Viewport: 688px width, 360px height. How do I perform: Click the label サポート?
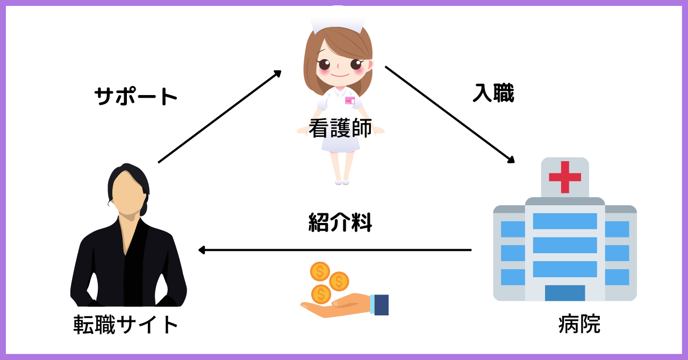[x=136, y=97]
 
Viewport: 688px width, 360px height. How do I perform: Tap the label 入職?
[x=493, y=93]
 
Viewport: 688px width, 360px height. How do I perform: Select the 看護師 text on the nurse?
[x=340, y=128]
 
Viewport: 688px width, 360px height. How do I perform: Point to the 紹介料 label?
[x=340, y=222]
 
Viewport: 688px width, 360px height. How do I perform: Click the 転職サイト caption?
[x=126, y=325]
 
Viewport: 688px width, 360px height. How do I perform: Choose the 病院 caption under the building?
[x=579, y=324]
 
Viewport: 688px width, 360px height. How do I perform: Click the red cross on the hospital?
[x=565, y=177]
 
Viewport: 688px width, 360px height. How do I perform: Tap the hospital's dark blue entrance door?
[x=565, y=293]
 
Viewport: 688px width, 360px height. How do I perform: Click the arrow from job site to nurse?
[x=220, y=117]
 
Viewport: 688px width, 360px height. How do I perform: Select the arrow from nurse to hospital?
[x=450, y=114]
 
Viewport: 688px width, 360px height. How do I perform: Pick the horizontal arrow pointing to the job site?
[x=335, y=250]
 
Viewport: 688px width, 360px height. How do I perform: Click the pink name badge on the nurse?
[x=350, y=100]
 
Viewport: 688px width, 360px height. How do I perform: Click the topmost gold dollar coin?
[x=320, y=271]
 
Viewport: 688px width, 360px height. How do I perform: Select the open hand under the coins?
[x=335, y=305]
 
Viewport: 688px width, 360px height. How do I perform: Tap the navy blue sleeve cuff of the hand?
[x=382, y=305]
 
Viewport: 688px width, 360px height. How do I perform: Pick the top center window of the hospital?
[x=565, y=221]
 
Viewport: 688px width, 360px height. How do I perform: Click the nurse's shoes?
[x=342, y=182]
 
